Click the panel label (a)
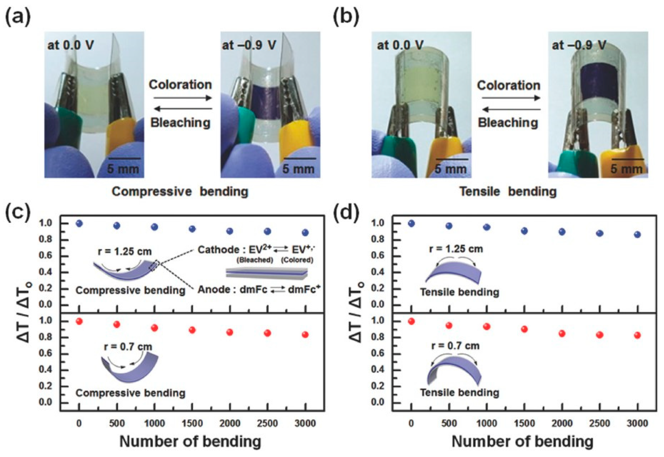(x=18, y=18)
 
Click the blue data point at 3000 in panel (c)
(x=305, y=232)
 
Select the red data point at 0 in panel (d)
(x=411, y=321)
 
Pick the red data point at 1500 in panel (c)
(x=192, y=330)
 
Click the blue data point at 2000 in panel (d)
(x=562, y=232)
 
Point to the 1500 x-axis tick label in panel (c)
(x=192, y=423)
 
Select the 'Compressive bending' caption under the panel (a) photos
(x=180, y=192)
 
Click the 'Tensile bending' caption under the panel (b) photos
(x=508, y=192)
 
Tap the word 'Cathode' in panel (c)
(x=217, y=250)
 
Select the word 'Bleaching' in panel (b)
(x=508, y=123)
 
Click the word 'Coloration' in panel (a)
(x=180, y=85)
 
